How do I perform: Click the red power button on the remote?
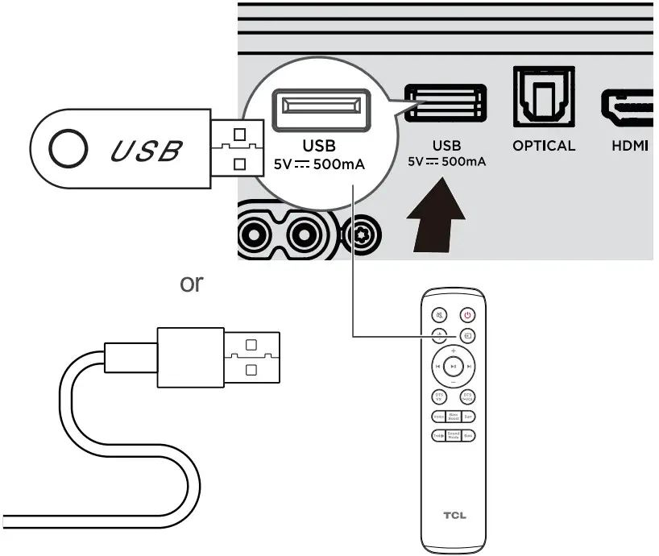tap(467, 315)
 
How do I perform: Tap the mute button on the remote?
tap(439, 315)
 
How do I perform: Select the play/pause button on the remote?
tap(454, 366)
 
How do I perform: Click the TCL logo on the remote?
tap(454, 514)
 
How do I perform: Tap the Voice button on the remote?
tap(438, 417)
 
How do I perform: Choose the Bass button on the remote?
tap(468, 435)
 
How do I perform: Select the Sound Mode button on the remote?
tap(454, 435)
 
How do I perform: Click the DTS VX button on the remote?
tap(439, 396)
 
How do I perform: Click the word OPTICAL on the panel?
tap(544, 146)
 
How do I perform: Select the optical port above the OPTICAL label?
tap(544, 98)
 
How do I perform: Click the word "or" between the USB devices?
tap(191, 284)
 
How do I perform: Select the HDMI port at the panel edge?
tap(628, 106)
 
